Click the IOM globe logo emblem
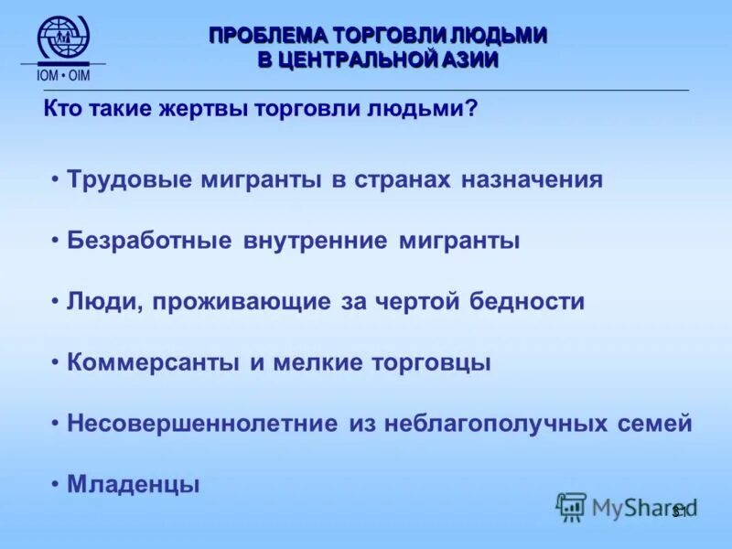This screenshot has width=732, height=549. click(63, 38)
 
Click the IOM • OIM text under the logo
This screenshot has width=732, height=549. click(63, 75)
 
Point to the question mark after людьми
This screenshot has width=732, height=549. click(472, 110)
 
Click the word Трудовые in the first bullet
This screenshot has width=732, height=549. click(124, 179)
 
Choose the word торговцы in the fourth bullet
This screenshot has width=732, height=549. click(430, 362)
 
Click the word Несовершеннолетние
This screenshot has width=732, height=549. click(202, 424)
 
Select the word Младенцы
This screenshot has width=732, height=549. click(133, 485)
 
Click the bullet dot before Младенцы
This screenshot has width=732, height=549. click(56, 485)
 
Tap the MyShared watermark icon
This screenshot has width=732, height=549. click(572, 506)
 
